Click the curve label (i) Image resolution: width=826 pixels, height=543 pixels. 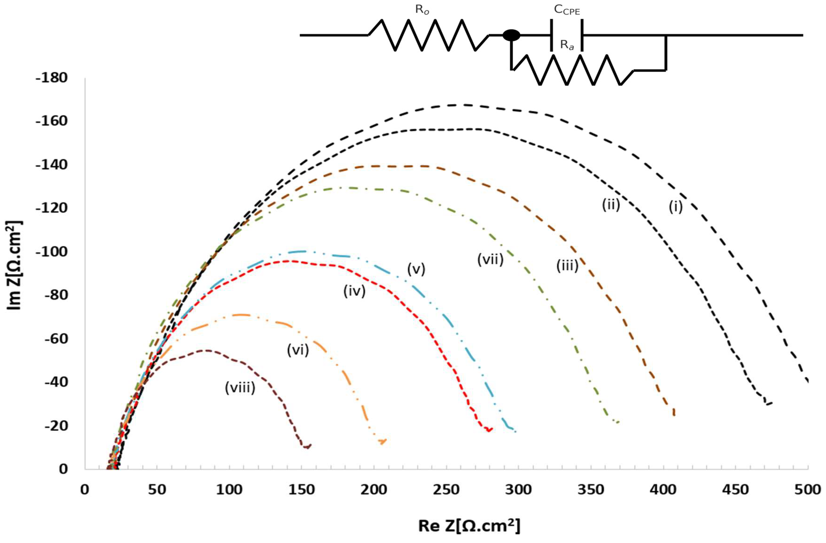point(675,207)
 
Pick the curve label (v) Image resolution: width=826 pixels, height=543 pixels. point(416,269)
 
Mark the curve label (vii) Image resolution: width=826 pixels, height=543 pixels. point(490,259)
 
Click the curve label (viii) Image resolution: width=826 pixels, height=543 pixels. point(240,388)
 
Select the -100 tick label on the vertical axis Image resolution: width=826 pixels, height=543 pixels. point(51,252)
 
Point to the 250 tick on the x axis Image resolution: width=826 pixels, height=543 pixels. point(446,490)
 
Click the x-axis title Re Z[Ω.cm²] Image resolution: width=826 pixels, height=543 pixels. point(469,525)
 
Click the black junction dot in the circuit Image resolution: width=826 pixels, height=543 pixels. point(511,35)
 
